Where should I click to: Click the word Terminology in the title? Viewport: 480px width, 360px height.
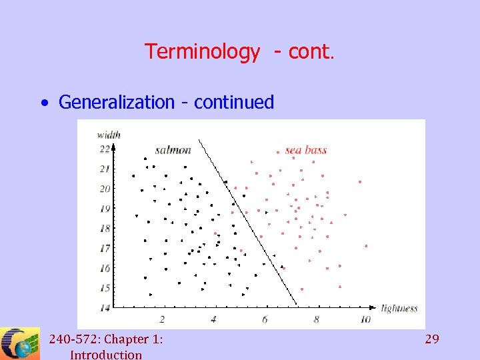[x=202, y=52]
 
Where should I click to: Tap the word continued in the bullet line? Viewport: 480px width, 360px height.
[x=234, y=102]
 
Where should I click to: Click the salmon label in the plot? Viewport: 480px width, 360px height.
[x=173, y=150]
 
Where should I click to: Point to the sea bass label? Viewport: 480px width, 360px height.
[x=305, y=150]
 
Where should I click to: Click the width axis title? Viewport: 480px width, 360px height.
[x=109, y=135]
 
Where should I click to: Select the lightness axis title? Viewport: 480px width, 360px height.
[x=399, y=308]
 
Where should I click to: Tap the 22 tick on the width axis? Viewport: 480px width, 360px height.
[x=105, y=149]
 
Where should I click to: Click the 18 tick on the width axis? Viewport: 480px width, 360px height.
[x=105, y=228]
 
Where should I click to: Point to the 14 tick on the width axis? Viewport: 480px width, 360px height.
[x=105, y=307]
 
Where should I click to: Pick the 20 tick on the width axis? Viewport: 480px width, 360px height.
[x=105, y=189]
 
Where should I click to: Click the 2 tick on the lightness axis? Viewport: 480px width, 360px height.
[x=162, y=319]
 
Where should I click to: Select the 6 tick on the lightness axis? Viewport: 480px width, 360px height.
[x=265, y=319]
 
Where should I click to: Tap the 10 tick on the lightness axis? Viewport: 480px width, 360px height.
[x=365, y=319]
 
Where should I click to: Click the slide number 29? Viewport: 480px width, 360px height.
[x=432, y=339]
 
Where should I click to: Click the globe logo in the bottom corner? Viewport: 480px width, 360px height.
[x=20, y=344]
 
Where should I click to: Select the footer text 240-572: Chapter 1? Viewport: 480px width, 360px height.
[x=105, y=339]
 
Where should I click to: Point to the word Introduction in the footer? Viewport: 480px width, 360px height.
[x=105, y=355]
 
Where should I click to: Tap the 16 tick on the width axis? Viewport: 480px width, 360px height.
[x=105, y=268]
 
